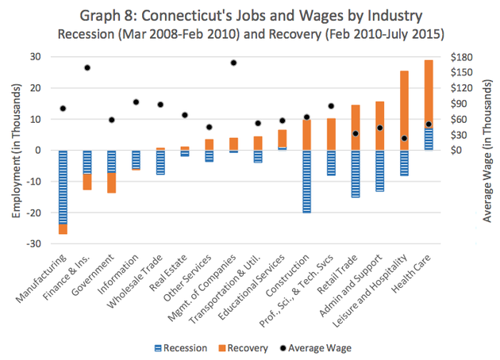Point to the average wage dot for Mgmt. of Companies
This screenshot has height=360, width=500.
coord(233,63)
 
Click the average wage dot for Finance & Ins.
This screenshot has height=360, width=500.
coord(87,67)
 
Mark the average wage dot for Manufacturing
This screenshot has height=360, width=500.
coord(63,109)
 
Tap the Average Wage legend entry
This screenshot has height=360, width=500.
coord(317,347)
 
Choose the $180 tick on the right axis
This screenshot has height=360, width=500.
coord(462,56)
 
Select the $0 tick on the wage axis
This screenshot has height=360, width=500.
coord(456,150)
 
